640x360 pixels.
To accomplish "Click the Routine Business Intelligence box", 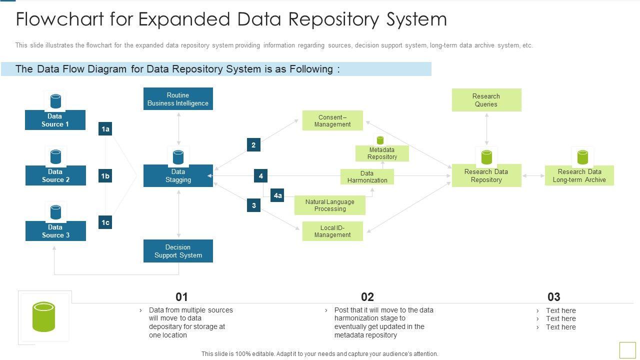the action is (x=178, y=99).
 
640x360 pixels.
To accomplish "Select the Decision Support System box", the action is (x=178, y=251).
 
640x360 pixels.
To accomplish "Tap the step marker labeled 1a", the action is (x=105, y=129).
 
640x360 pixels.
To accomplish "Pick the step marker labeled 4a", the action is (x=277, y=195).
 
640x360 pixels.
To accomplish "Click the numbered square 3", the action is (x=253, y=205).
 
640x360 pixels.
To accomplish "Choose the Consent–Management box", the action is (x=332, y=120).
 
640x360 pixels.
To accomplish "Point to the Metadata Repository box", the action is (x=382, y=153).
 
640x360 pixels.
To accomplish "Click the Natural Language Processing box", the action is (x=329, y=205).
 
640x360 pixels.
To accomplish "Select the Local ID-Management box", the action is (x=332, y=231).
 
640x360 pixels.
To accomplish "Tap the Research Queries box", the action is (x=486, y=100).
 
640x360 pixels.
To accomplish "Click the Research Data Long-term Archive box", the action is (x=579, y=175).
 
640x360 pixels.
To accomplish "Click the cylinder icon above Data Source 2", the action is (x=55, y=157).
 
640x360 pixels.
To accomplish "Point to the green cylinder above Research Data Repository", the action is (x=486, y=157).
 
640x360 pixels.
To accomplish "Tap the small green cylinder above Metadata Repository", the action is (x=380, y=140).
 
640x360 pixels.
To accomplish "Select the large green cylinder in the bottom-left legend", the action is (x=43, y=317).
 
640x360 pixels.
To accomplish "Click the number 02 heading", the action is (x=367, y=297).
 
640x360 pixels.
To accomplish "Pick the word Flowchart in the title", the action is (x=59, y=19).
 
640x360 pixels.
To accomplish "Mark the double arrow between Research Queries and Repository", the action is (x=486, y=129).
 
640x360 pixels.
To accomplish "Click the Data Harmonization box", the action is (x=367, y=176).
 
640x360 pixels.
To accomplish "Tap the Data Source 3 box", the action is (x=55, y=231).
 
